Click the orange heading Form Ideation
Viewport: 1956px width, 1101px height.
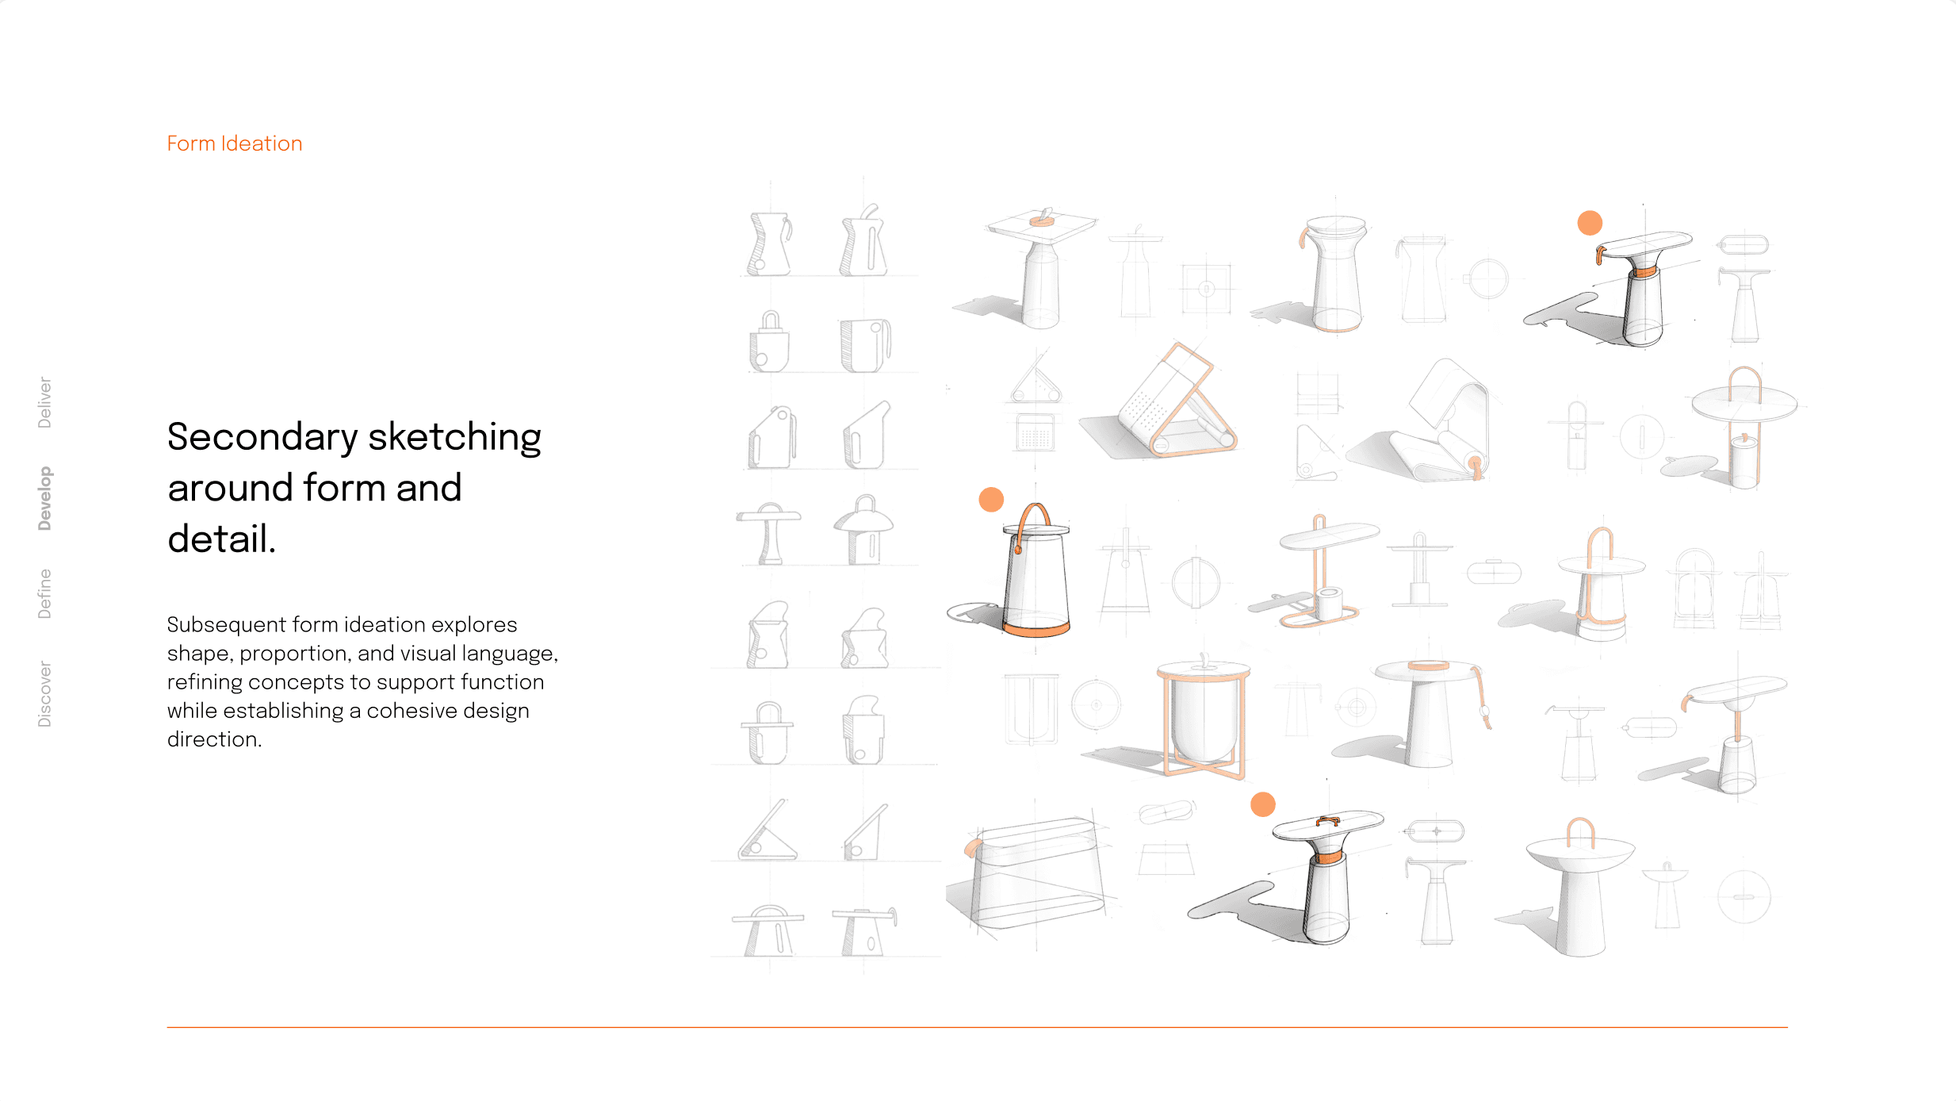(235, 144)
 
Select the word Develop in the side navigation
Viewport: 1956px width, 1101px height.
(45, 498)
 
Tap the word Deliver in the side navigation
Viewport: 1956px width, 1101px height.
(45, 402)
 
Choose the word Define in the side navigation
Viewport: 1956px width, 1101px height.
(45, 593)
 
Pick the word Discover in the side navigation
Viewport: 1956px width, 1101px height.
(45, 694)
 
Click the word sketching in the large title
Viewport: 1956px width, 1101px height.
(455, 438)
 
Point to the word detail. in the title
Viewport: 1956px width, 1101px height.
(222, 539)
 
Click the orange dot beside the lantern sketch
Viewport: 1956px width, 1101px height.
(991, 500)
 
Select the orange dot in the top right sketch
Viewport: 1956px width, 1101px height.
(1590, 223)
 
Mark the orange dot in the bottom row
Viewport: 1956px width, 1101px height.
(1263, 804)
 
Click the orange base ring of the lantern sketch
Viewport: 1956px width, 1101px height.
(1037, 630)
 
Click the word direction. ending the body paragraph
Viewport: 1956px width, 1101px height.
(214, 739)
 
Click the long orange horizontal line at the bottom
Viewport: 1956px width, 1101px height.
(977, 1027)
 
